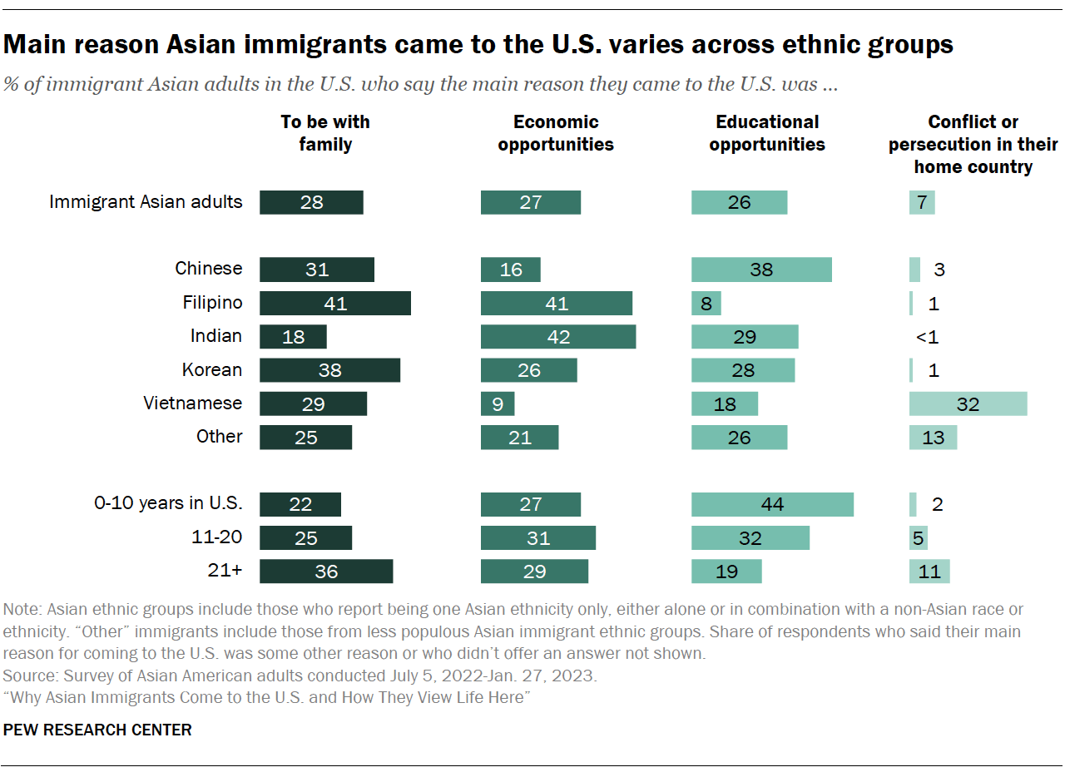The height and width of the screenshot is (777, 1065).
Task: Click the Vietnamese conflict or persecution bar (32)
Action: pos(968,403)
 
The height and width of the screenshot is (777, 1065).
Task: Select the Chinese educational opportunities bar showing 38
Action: pos(760,270)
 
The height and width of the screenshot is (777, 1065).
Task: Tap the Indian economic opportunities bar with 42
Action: pos(557,337)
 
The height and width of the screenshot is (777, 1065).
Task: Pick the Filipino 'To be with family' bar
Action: pos(334,303)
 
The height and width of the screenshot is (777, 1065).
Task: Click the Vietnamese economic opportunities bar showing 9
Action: pos(497,403)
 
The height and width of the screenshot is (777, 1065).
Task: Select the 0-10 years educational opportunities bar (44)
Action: pos(772,504)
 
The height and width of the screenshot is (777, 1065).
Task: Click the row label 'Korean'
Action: pos(212,369)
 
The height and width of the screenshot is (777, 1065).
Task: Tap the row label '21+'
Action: pos(225,571)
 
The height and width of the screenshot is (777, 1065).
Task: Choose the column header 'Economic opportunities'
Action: pos(555,133)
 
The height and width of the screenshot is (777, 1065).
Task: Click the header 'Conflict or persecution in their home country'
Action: pos(973,144)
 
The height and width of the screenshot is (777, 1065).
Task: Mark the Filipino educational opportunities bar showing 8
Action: pos(706,303)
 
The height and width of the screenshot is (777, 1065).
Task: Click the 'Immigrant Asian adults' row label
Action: pos(146,201)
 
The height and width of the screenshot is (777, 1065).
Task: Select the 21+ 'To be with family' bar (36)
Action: pos(325,572)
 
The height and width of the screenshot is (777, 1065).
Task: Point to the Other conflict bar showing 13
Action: pos(933,438)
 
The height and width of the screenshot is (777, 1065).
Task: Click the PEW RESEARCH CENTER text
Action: pos(97,730)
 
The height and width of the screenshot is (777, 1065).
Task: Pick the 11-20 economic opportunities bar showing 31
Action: pos(537,537)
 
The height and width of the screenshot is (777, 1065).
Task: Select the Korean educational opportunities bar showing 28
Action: pos(742,370)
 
